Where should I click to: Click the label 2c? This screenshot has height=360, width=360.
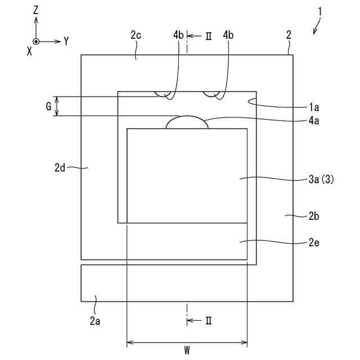coord(136,35)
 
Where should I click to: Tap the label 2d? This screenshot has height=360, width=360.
coord(61,167)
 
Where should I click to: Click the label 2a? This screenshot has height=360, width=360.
coord(95,321)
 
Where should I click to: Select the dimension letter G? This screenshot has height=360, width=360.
coord(49,105)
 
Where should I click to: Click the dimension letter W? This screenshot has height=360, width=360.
coord(187,351)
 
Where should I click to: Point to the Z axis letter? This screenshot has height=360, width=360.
coord(35,10)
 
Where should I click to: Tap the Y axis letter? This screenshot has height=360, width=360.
coord(66,41)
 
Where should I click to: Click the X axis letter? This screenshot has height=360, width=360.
coord(29,50)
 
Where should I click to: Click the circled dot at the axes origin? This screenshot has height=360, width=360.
coord(36,42)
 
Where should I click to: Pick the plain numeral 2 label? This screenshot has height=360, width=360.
coord(289,35)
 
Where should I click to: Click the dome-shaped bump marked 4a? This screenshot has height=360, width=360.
coord(187,123)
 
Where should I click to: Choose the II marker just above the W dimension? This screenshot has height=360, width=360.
coord(207,321)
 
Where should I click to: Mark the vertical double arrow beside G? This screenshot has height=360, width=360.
coord(56,106)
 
